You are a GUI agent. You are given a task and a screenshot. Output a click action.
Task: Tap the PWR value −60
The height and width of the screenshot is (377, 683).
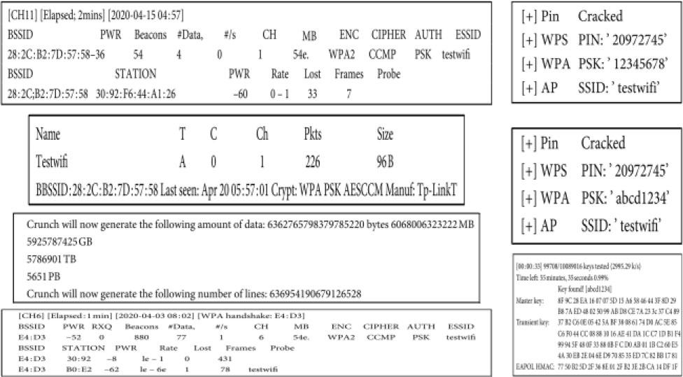(240, 94)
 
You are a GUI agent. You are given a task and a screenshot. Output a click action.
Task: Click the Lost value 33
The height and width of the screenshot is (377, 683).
(312, 94)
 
